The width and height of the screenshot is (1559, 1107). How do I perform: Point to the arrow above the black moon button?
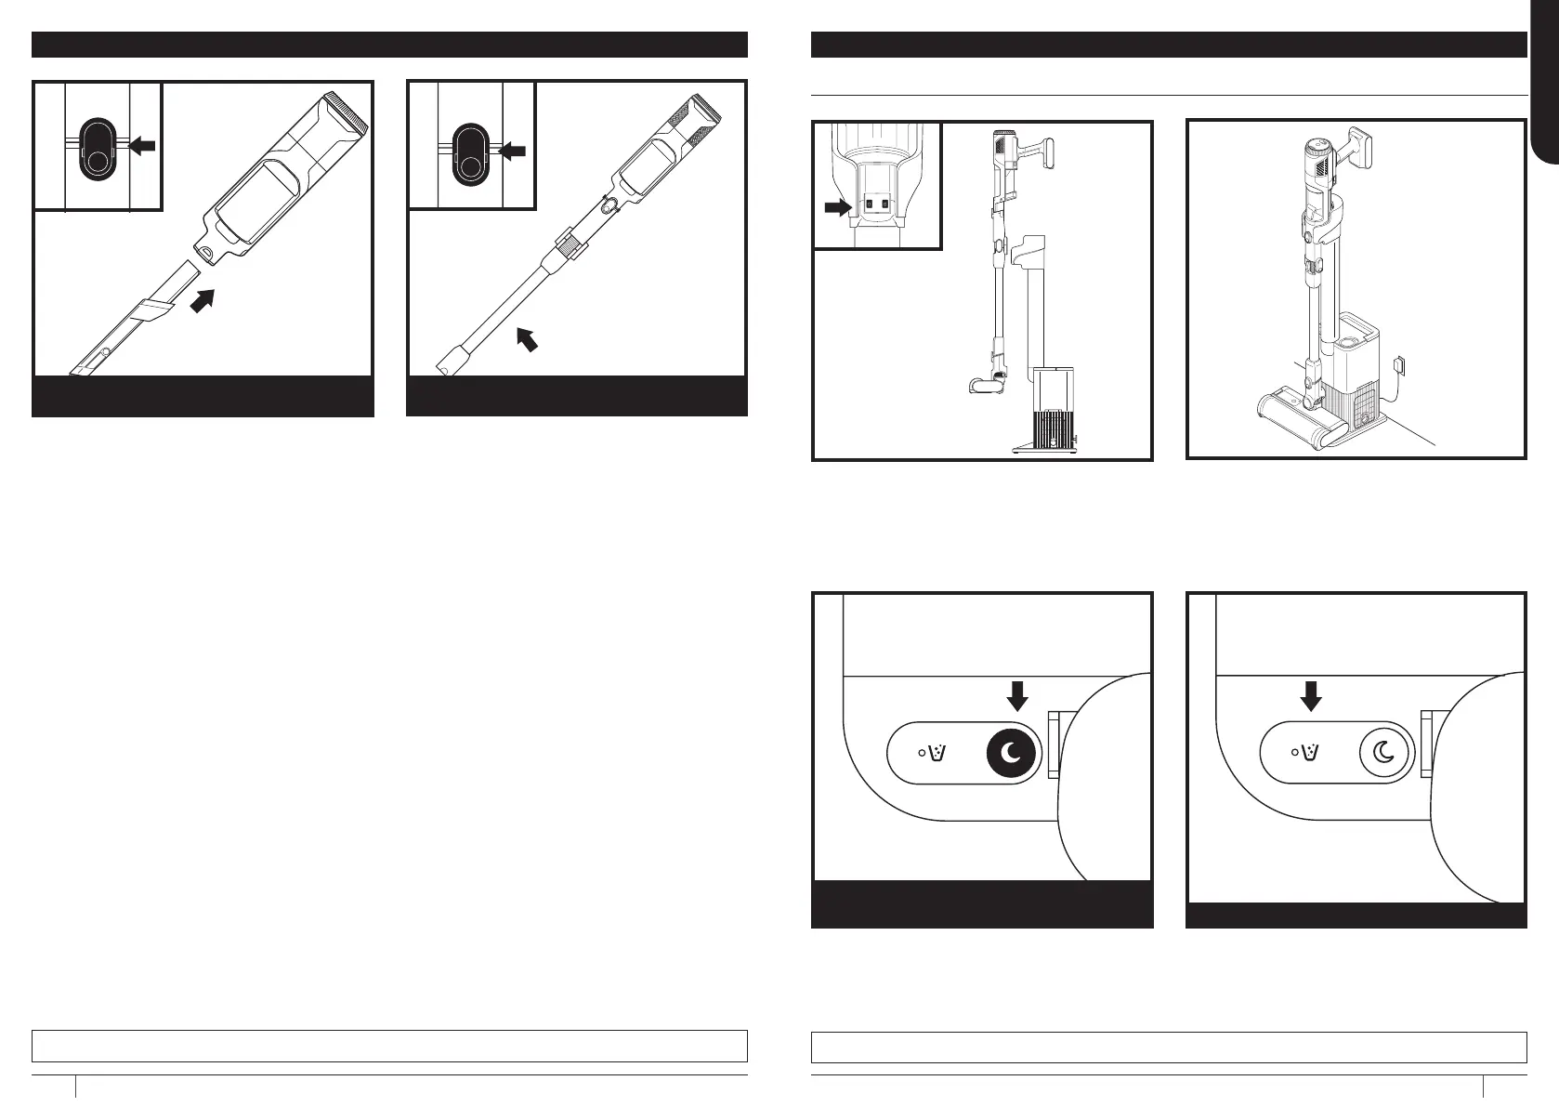pyautogui.click(x=1019, y=694)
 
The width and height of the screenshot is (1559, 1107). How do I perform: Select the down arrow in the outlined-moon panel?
pyautogui.click(x=1311, y=694)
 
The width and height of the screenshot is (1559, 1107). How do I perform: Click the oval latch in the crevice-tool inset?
pyautogui.click(x=96, y=147)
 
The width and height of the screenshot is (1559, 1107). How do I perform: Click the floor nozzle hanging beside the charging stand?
pyautogui.click(x=985, y=384)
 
